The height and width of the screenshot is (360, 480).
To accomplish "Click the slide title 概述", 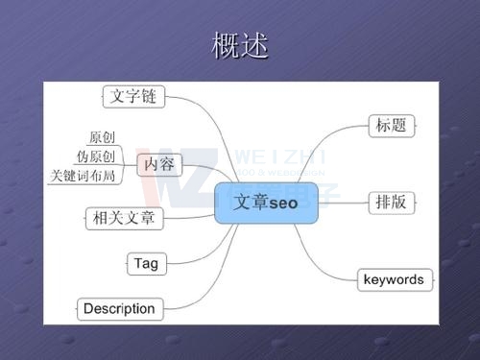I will click(239, 45).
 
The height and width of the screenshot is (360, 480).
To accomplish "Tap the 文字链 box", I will click(132, 96).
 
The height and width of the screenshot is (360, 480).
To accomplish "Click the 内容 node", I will click(158, 164).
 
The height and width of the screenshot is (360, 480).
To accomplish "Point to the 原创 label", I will click(101, 138).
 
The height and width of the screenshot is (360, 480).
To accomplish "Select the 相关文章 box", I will click(125, 218).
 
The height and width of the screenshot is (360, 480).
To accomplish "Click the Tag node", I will click(146, 263).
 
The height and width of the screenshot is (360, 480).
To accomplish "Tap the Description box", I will click(119, 308).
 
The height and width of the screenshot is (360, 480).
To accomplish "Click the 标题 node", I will click(388, 125).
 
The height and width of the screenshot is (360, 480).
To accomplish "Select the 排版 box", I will click(388, 202).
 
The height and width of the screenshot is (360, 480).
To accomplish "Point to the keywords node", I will click(393, 279).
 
